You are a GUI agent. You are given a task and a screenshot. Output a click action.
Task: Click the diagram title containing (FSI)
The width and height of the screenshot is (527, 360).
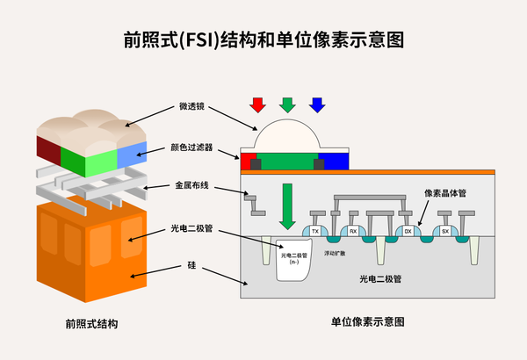point(263,40)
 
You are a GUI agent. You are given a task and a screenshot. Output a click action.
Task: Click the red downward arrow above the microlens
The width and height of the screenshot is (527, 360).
point(257,104)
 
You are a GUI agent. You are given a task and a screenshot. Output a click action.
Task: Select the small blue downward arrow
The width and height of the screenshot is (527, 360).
point(317,104)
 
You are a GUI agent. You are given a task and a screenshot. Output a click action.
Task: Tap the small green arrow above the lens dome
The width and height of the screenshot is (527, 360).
point(287,104)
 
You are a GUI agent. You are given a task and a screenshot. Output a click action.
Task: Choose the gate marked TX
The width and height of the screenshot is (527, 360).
point(314,231)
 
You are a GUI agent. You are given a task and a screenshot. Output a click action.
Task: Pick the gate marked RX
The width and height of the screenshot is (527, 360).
point(352,231)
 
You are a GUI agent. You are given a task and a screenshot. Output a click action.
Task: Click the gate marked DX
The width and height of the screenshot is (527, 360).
point(408,231)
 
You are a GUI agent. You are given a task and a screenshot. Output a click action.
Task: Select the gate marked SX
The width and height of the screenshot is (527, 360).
point(444,231)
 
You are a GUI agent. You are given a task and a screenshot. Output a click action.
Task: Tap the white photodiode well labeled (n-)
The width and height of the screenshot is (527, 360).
point(294,261)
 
